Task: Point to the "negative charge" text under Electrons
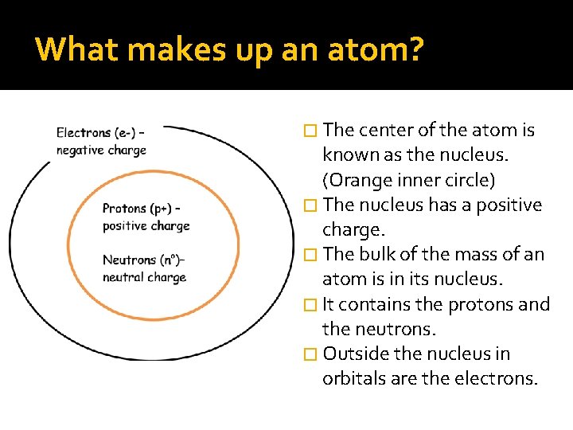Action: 101,150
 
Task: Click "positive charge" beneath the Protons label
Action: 146,226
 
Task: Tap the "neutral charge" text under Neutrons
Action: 144,277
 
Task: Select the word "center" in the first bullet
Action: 387,130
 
